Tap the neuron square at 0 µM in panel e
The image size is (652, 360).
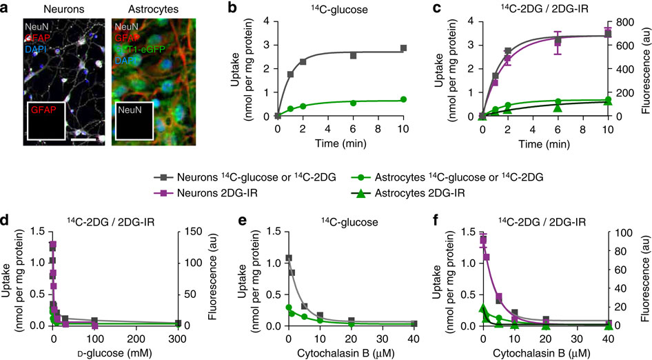289,259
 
